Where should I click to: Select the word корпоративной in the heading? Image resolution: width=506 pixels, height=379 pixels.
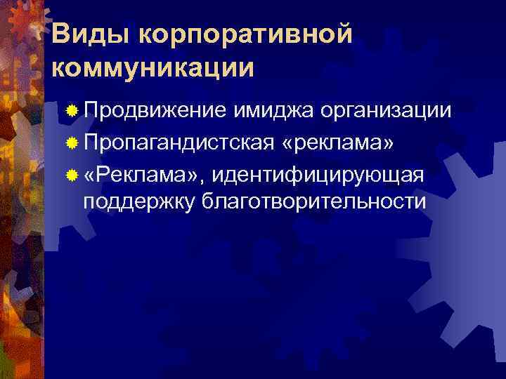click(x=238, y=34)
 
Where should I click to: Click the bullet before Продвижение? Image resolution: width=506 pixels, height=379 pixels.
click(x=71, y=112)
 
